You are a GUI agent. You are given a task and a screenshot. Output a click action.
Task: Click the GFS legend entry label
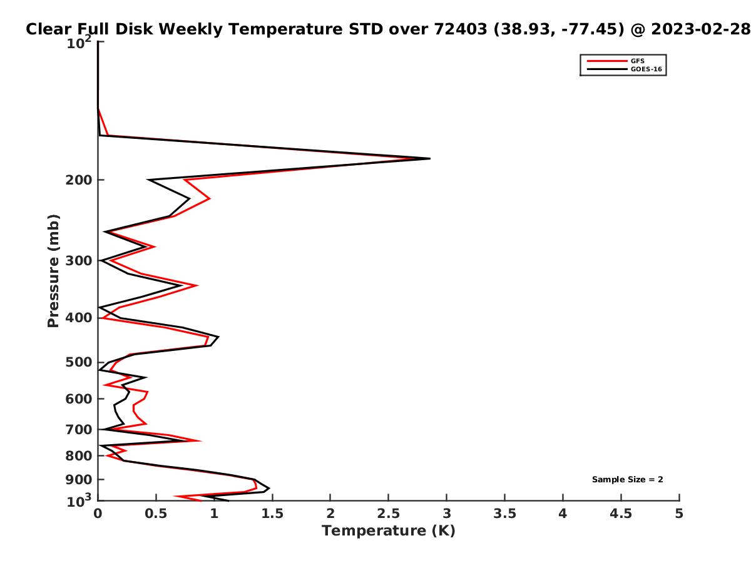coord(637,61)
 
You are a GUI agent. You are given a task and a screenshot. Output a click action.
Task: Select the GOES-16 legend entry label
coord(646,69)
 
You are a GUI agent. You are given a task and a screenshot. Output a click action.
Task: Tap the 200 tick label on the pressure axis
coord(79,180)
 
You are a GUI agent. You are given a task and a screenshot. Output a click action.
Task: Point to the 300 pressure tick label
coord(79,261)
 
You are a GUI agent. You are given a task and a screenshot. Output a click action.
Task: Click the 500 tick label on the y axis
coord(79,362)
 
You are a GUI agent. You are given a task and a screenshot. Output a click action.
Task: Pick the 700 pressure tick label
coord(79,430)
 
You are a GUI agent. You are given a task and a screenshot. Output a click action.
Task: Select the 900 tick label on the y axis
coord(79,480)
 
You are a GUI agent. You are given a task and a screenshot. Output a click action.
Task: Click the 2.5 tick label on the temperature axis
coord(389,514)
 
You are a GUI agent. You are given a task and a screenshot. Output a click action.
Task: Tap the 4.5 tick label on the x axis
coord(621,514)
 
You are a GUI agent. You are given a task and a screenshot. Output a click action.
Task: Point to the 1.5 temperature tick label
coord(272,514)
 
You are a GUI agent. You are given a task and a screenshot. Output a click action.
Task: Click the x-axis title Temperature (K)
coord(389,531)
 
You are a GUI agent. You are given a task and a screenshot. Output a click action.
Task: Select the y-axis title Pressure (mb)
coord(53,271)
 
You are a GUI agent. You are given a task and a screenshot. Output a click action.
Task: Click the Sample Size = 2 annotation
coord(627,480)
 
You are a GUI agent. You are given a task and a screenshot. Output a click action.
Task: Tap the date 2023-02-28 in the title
coord(701,29)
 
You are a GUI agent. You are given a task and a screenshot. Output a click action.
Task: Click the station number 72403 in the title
coord(461,29)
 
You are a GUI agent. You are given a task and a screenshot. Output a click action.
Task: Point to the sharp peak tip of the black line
coord(430,158)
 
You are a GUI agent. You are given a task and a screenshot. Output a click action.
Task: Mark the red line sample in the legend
coord(607,61)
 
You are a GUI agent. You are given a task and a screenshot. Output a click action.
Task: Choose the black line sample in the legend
coord(607,69)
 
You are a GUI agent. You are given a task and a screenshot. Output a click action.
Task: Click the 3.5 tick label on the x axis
coord(504,514)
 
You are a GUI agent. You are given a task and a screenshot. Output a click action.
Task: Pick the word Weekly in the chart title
coord(191,29)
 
